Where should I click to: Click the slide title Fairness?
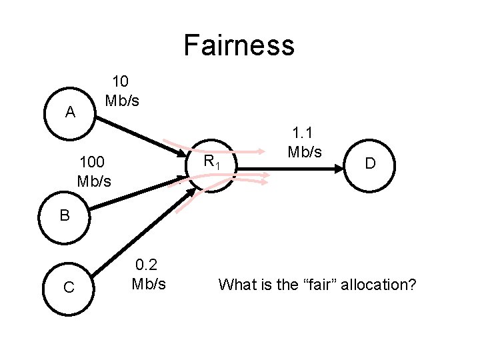(x=239, y=45)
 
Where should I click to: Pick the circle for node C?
(x=68, y=287)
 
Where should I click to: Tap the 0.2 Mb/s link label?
(x=149, y=275)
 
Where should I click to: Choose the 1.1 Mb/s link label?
(x=305, y=143)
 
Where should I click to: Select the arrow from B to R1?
(x=133, y=193)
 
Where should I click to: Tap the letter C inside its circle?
(x=68, y=288)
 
